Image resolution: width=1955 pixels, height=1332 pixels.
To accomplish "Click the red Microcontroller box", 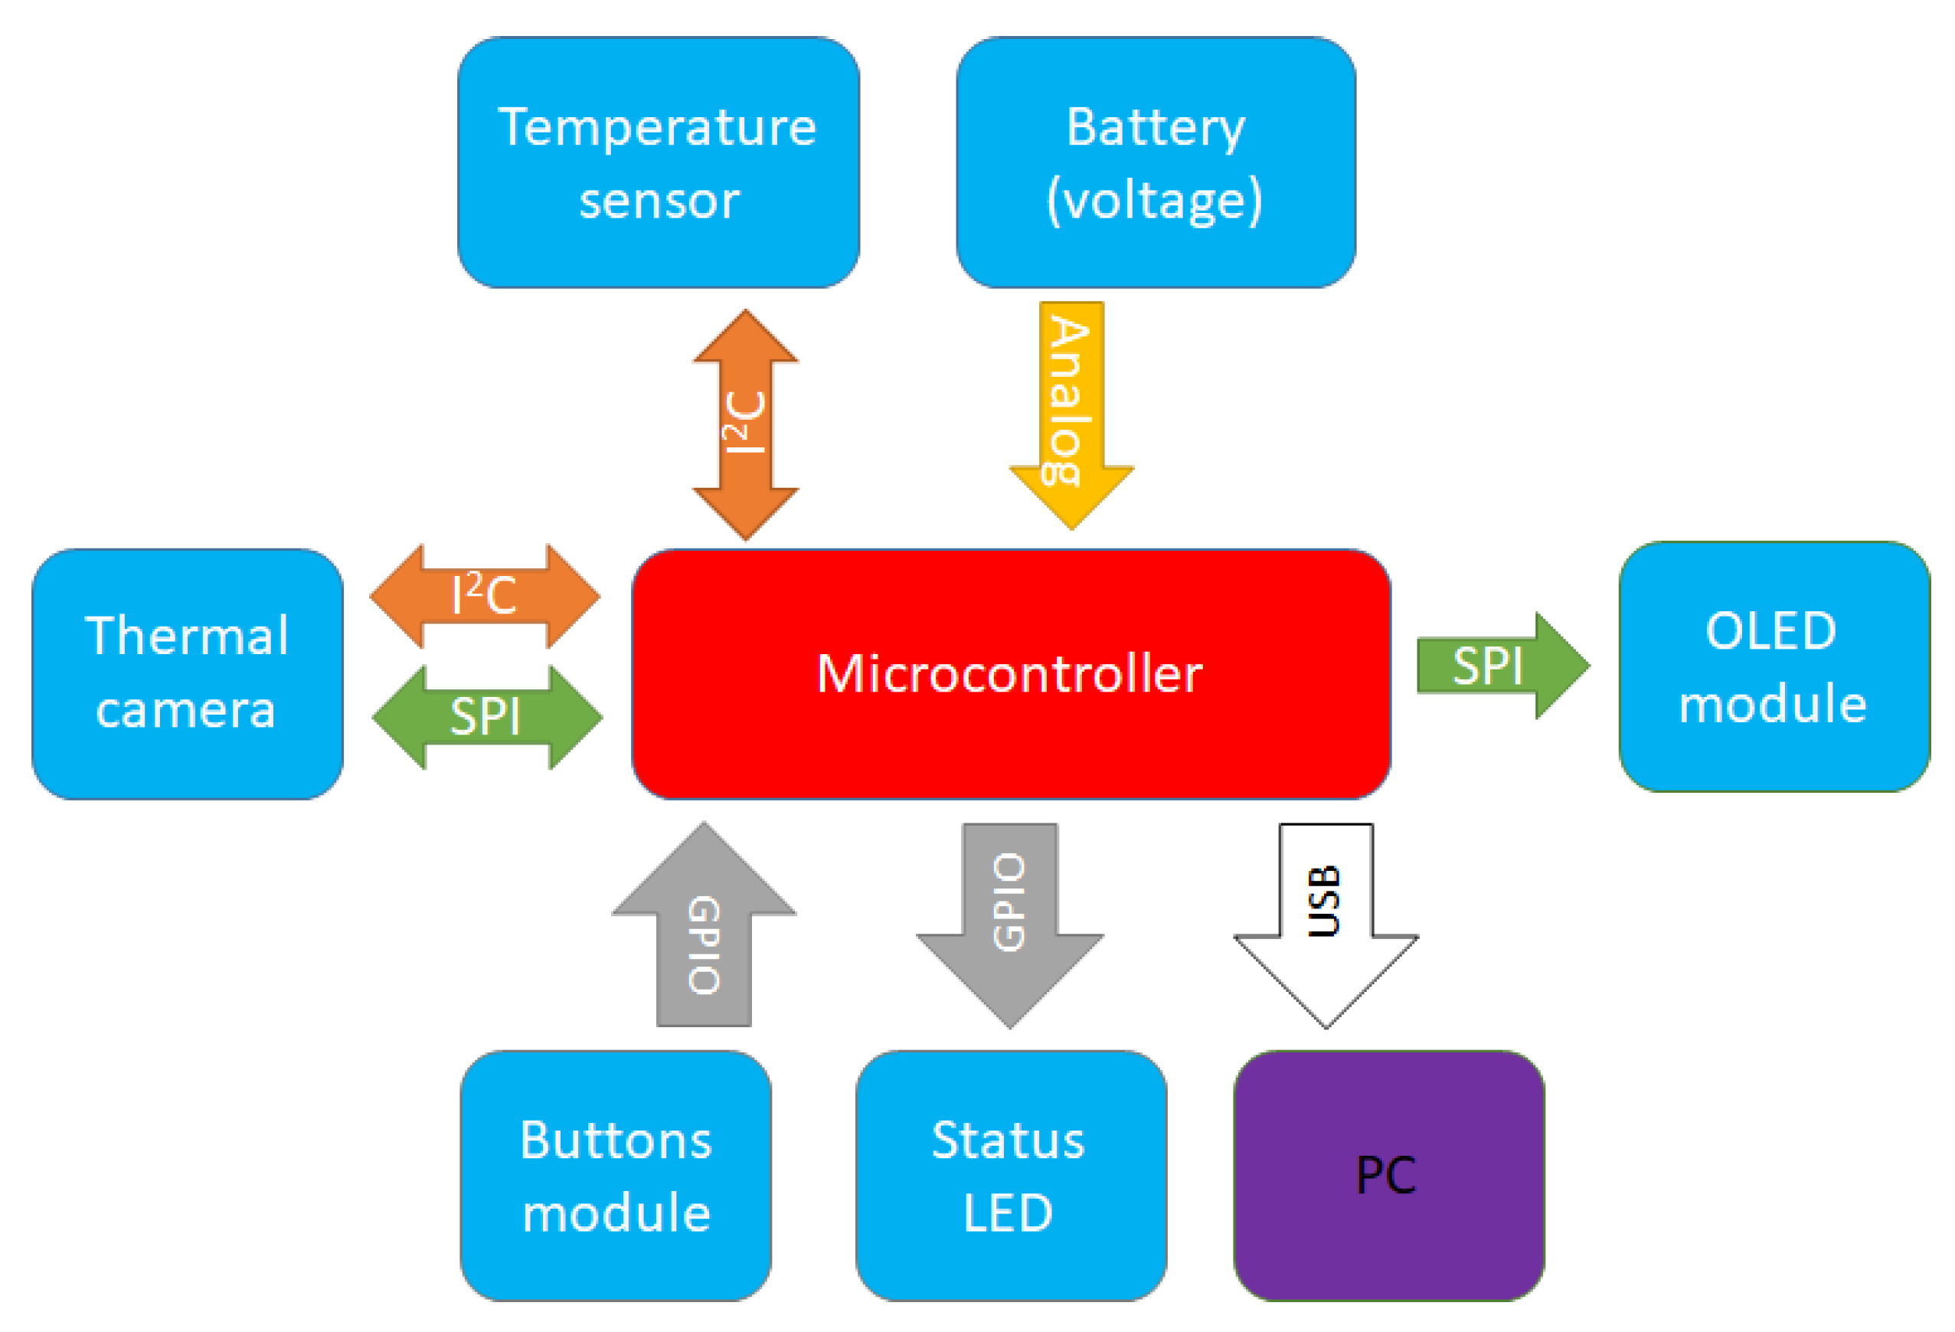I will click(x=1009, y=673).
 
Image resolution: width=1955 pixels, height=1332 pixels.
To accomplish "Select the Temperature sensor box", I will click(x=658, y=162).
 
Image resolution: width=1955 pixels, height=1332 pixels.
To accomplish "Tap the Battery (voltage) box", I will click(x=1155, y=162).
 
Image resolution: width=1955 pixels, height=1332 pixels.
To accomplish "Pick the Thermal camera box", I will click(x=187, y=673).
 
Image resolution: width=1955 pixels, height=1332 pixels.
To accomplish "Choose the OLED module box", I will click(x=1774, y=666).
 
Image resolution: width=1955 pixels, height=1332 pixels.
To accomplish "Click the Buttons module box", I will click(x=615, y=1176).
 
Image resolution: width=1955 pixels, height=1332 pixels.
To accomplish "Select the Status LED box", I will click(x=1009, y=1176).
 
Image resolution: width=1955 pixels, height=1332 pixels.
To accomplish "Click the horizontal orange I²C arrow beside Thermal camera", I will click(x=485, y=596).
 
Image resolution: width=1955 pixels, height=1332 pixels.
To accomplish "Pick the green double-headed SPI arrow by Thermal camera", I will click(x=486, y=717).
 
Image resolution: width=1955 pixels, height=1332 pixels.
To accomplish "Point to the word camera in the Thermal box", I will click(x=186, y=709).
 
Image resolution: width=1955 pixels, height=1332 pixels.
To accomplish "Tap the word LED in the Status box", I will click(x=1008, y=1213).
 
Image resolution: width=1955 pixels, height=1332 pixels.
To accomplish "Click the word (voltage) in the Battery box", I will click(x=1154, y=200).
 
